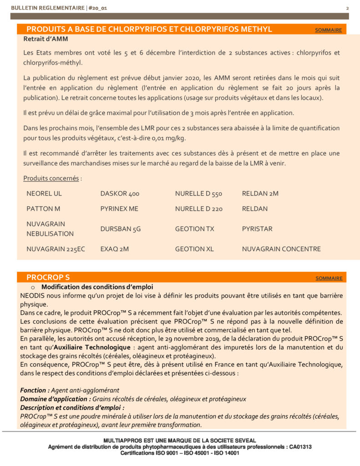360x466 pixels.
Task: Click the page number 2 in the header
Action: (347, 8)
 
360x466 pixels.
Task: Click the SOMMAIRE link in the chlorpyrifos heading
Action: (328, 30)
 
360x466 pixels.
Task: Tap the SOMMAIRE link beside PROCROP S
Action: (329, 278)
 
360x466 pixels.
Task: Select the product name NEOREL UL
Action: (44, 193)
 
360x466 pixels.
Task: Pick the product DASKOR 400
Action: (120, 193)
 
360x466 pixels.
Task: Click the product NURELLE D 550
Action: (198, 193)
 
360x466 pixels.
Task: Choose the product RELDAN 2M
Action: (260, 193)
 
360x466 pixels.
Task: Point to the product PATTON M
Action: (43, 209)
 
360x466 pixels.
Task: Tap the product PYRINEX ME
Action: (119, 209)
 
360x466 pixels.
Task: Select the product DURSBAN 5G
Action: (121, 229)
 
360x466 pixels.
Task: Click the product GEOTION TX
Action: (194, 229)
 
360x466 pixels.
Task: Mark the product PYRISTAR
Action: (257, 229)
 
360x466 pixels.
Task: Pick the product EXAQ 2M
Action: (115, 249)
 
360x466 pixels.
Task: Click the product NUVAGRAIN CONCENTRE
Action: (281, 249)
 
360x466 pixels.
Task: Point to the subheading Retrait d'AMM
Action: (46, 39)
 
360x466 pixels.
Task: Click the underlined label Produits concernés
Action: (51, 178)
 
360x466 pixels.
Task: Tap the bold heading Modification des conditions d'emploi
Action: (97, 287)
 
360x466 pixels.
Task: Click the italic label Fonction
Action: (35, 390)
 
